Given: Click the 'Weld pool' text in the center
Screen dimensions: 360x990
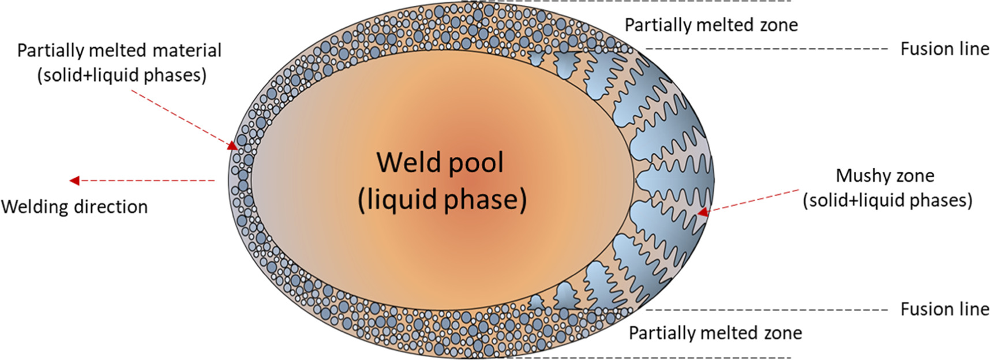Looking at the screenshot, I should (x=440, y=162).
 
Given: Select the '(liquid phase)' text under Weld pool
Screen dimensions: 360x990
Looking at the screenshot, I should (x=442, y=199).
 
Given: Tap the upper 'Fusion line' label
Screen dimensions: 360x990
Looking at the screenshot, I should (x=944, y=49).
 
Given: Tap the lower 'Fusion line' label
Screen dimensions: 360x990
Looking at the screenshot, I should (x=944, y=309).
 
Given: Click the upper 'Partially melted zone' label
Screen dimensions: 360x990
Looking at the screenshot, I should (x=711, y=25).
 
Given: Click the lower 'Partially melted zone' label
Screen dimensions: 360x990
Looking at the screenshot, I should (x=715, y=333).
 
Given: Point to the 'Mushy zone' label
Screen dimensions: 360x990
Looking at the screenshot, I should (x=884, y=175).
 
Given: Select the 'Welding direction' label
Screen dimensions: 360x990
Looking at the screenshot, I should (x=74, y=207).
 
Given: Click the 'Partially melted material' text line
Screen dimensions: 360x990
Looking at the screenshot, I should (x=119, y=50).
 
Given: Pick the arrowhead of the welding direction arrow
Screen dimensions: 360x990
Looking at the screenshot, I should (x=74, y=181).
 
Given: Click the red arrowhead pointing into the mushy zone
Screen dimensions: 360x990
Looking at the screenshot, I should (x=702, y=212).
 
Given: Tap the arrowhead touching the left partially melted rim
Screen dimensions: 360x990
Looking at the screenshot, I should (x=232, y=146).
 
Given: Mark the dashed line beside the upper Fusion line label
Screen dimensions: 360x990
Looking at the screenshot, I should (x=767, y=49).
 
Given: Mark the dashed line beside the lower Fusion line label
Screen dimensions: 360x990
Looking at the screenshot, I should (x=767, y=310).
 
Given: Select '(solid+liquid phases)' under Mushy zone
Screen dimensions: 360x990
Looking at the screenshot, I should (x=887, y=200).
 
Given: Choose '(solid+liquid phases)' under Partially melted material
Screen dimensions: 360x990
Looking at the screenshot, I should (x=122, y=75).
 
